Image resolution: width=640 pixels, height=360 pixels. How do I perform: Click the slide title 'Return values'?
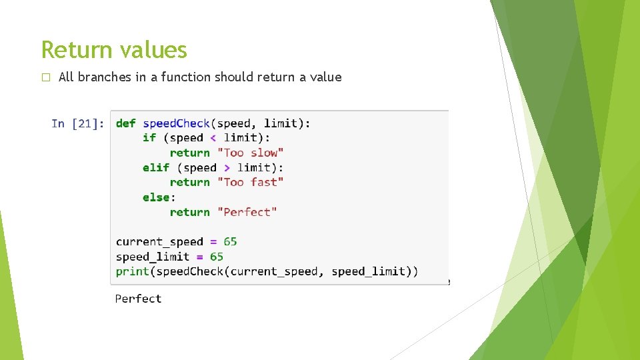click(x=114, y=50)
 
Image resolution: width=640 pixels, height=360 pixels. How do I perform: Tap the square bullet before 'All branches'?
click(x=45, y=77)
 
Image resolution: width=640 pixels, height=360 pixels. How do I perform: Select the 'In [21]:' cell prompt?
click(x=77, y=123)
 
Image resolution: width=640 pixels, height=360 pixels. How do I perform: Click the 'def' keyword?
click(x=125, y=123)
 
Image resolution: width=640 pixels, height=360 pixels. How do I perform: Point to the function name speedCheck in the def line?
click(x=176, y=123)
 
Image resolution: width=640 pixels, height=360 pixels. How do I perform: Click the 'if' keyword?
click(x=149, y=138)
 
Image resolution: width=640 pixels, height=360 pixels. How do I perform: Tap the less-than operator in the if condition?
click(x=213, y=138)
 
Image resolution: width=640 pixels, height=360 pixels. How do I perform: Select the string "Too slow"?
click(x=250, y=153)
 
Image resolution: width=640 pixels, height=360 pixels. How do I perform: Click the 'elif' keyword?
click(x=156, y=168)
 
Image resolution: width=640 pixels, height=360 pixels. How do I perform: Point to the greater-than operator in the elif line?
click(x=227, y=168)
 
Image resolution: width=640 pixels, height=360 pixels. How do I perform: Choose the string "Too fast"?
click(x=250, y=182)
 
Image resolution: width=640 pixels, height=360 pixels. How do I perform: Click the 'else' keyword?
click(x=156, y=197)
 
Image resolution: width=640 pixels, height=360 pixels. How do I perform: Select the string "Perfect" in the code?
click(x=247, y=212)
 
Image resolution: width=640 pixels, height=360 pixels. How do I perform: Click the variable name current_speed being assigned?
click(x=159, y=241)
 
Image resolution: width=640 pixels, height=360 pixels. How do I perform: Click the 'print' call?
click(x=132, y=271)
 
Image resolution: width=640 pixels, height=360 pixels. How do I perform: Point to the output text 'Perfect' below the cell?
click(x=138, y=299)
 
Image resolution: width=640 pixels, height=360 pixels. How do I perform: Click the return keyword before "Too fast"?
click(x=189, y=182)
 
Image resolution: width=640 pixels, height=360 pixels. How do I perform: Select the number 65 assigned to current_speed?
click(x=230, y=241)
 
